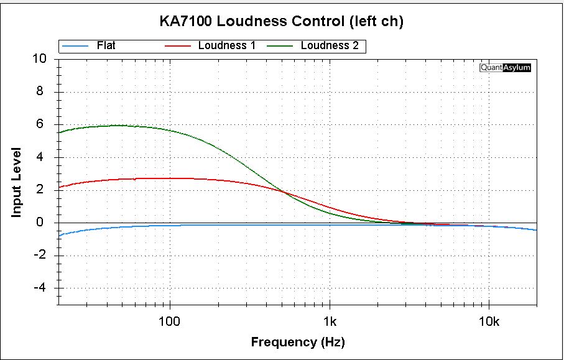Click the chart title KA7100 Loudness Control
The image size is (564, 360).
coord(282,22)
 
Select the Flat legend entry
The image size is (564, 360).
coord(106,45)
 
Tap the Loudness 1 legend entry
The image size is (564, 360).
coord(227,45)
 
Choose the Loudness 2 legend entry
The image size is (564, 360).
coord(329,45)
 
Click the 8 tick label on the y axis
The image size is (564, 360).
coord(42,92)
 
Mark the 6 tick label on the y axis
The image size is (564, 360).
coord(42,124)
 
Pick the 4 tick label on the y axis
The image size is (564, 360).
coord(42,157)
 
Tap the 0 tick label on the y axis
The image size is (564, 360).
coord(42,223)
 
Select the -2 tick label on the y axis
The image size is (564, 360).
coord(40,256)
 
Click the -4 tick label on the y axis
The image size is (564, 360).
coord(40,288)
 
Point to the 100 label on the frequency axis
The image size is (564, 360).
coord(169,321)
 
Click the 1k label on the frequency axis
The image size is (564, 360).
coord(330,321)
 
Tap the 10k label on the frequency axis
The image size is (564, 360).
coord(489,321)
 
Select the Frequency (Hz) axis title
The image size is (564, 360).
coord(297,342)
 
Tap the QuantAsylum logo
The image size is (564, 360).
coord(505,68)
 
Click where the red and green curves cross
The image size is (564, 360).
coord(284,192)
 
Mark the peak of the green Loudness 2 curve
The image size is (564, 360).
coord(118,125)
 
